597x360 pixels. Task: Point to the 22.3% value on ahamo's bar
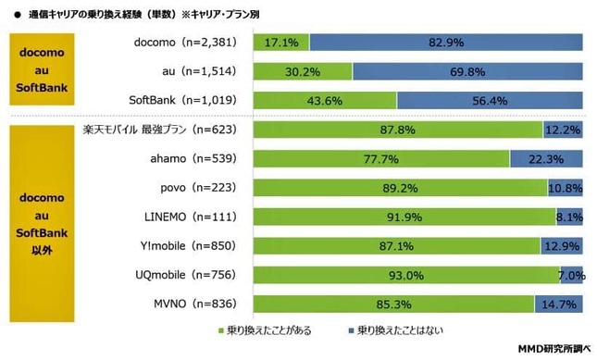(x=545, y=159)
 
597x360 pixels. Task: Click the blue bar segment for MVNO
(x=558, y=304)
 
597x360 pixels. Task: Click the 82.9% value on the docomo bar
(x=445, y=43)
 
